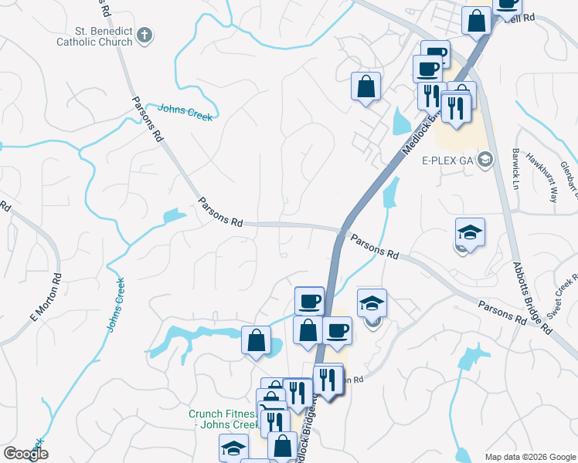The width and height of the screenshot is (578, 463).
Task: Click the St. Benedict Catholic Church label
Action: coord(94,36)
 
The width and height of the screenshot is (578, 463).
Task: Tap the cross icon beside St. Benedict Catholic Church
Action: coord(146,35)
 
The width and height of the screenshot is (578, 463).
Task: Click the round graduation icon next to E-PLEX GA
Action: coord(485,161)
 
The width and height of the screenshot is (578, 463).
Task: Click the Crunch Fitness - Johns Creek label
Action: coord(223,420)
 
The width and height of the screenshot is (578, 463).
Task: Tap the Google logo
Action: coord(25,454)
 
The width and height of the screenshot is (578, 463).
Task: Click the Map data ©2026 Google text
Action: coord(529,456)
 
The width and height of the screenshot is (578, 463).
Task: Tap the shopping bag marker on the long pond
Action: coord(256,340)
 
